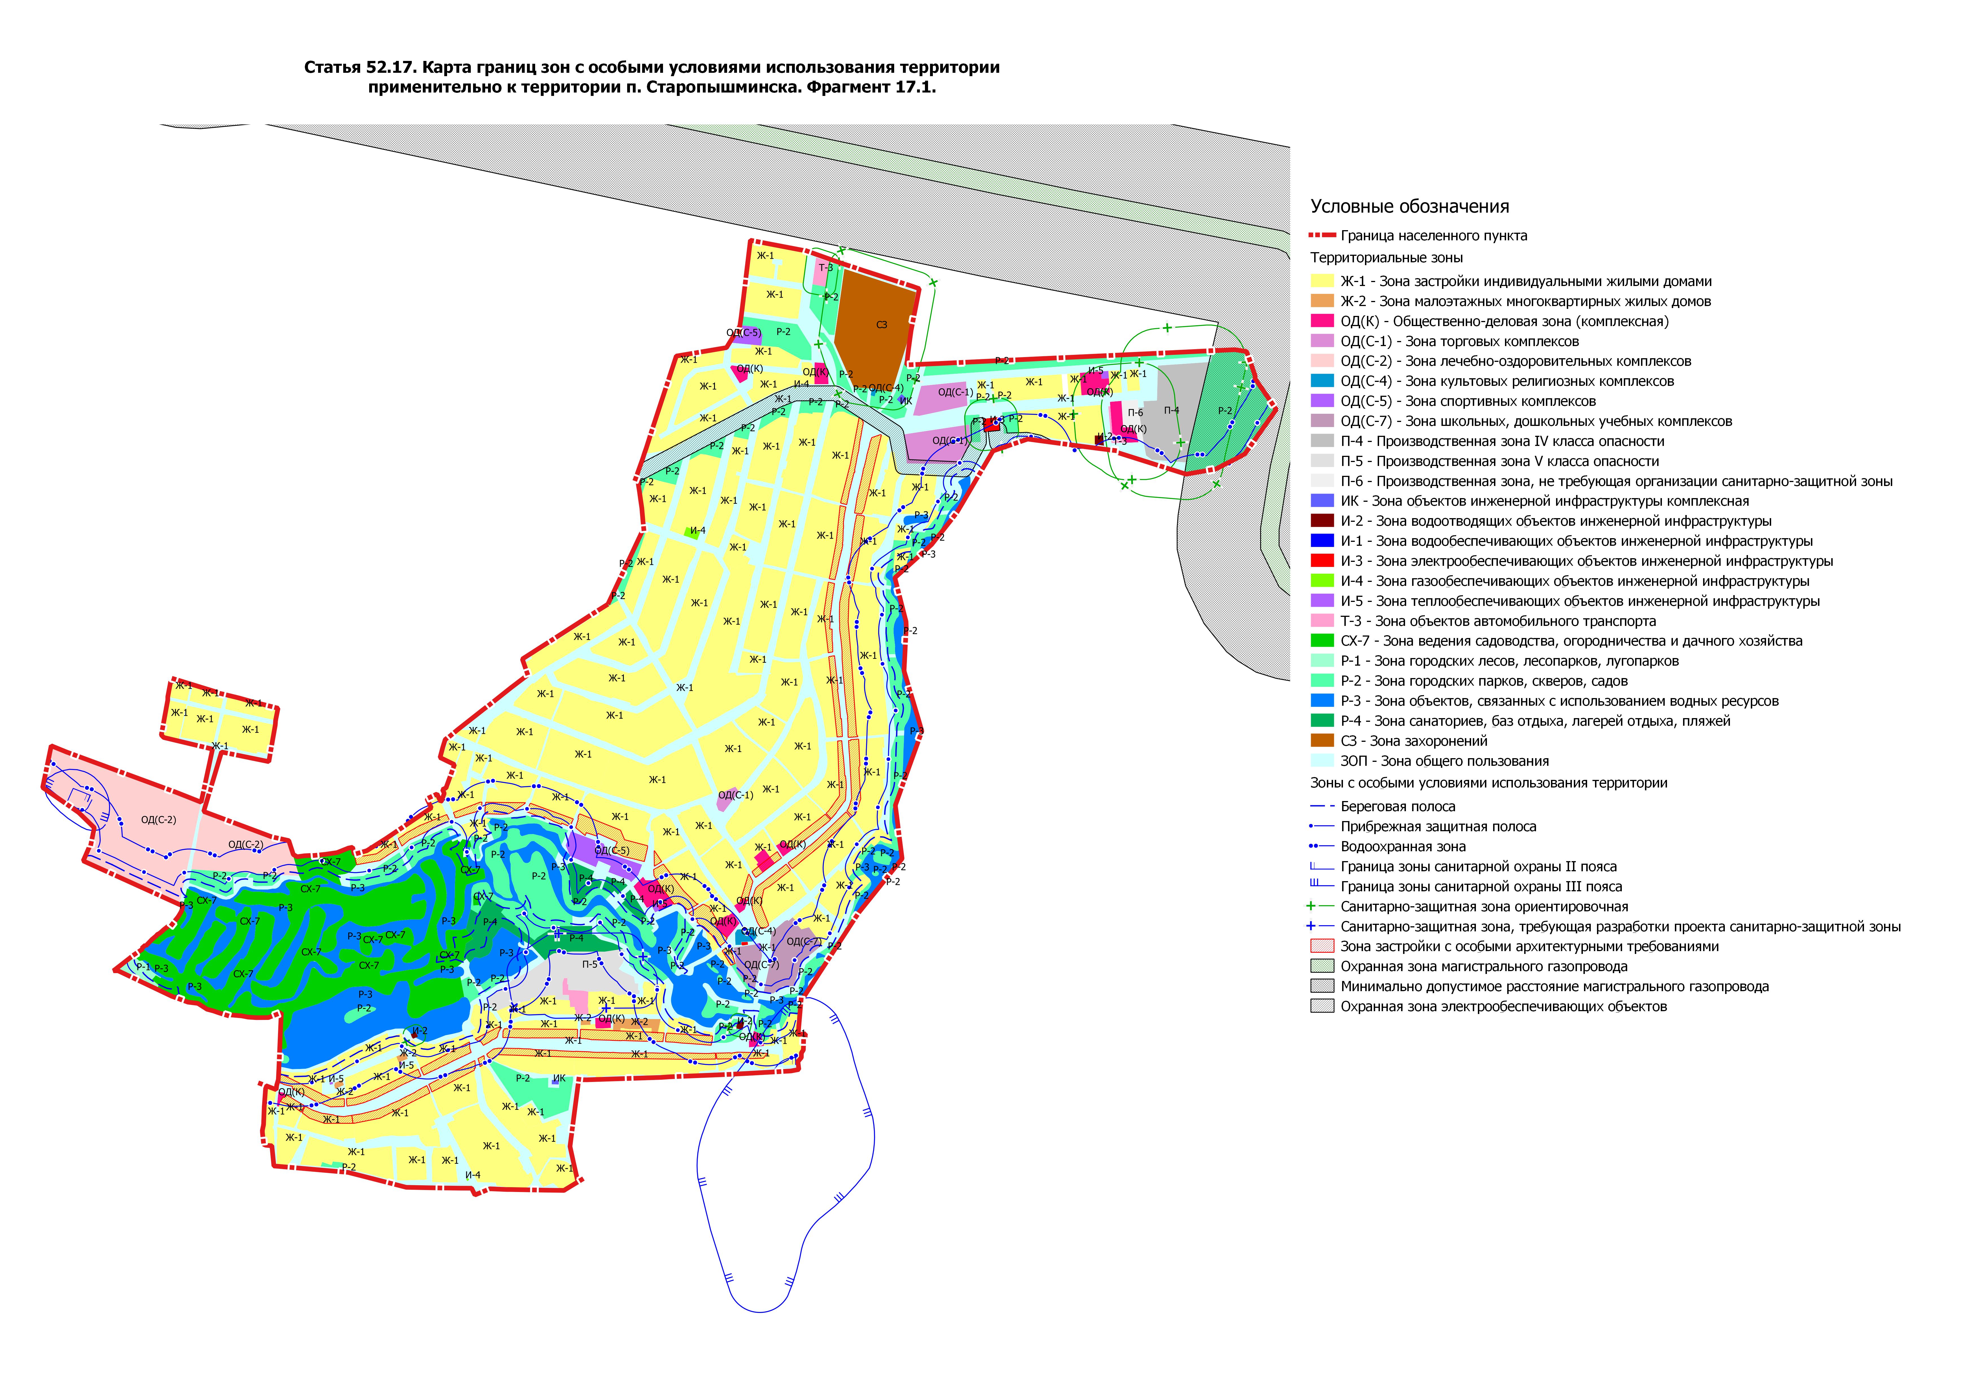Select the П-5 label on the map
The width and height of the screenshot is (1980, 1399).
point(590,965)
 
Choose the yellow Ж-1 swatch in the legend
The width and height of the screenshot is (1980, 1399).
point(1322,281)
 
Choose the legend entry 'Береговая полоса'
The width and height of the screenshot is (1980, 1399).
point(1397,807)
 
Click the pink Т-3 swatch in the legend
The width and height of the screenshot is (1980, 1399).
point(1322,621)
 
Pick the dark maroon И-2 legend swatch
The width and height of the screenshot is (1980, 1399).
point(1322,521)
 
